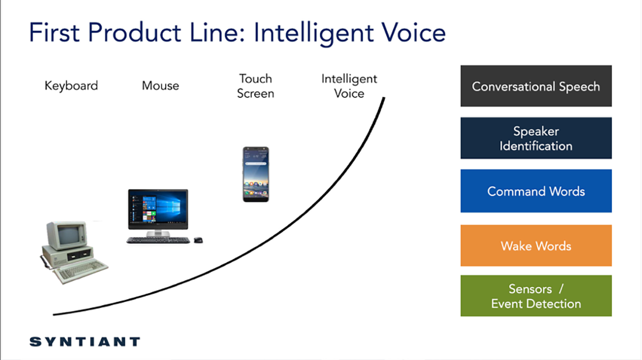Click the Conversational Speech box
click(x=536, y=86)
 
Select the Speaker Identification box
click(x=536, y=138)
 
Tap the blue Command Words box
click(x=536, y=191)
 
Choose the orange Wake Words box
click(x=536, y=246)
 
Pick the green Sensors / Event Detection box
click(x=536, y=296)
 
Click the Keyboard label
click(x=71, y=86)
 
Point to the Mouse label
click(x=160, y=86)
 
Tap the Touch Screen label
click(x=256, y=86)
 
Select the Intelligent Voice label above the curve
click(x=349, y=86)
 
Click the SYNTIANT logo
click(x=85, y=342)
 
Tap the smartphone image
click(x=256, y=174)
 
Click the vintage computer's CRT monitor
click(x=67, y=235)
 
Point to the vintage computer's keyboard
click(x=81, y=270)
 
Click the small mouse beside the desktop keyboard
click(x=198, y=240)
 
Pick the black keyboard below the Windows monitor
click(x=158, y=241)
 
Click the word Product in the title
click(x=134, y=33)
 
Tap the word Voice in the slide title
click(x=414, y=33)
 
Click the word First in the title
click(x=55, y=33)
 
